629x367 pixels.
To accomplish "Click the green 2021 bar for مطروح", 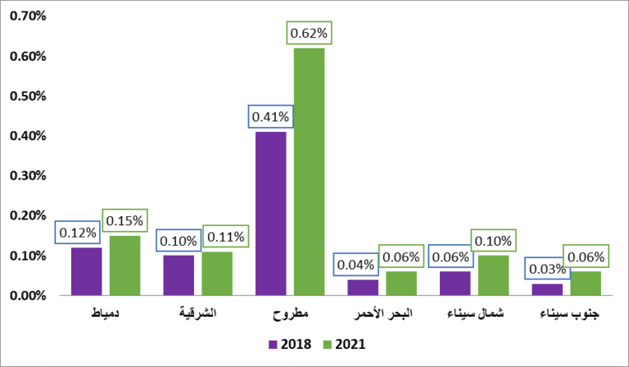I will pos(309,171).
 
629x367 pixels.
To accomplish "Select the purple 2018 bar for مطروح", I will pos(270,213).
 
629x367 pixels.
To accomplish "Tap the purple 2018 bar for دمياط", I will pos(86,271).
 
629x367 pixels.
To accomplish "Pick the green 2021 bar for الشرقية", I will pos(217,274).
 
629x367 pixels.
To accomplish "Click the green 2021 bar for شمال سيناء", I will pos(493,275).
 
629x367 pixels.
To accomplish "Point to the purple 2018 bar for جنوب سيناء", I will pos(547,289).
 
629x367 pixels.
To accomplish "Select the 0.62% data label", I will pos(309,34).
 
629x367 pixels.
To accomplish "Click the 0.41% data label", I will pos(270,117).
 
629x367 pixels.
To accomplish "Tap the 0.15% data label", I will pos(124,221).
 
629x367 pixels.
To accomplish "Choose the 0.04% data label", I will pos(355,265).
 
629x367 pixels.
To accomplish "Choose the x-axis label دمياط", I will pos(105,315).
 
